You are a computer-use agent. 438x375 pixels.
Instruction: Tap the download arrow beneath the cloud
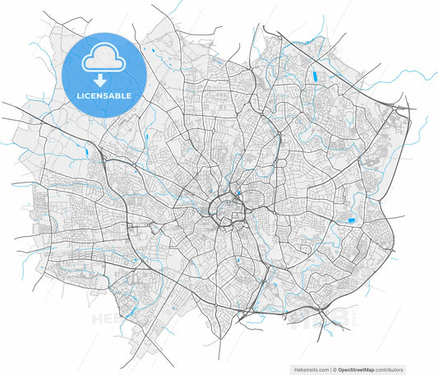coord(99,80)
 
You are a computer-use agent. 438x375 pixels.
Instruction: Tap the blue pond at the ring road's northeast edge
coord(238,195)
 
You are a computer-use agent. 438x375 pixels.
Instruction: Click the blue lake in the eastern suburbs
coord(351,220)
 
